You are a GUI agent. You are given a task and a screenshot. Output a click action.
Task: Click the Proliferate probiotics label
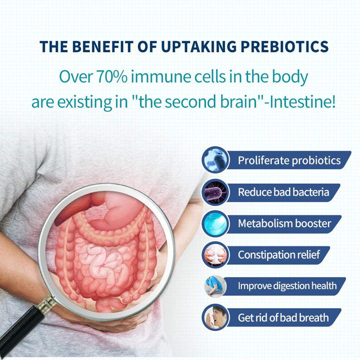(289, 160)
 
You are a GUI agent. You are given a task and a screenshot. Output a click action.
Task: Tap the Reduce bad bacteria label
(283, 192)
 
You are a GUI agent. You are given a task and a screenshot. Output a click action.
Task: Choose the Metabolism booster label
(284, 223)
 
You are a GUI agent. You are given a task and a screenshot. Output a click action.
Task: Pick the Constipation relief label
(278, 255)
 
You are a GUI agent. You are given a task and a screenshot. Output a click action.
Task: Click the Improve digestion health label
(287, 286)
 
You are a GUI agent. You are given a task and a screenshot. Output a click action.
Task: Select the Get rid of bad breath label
(283, 317)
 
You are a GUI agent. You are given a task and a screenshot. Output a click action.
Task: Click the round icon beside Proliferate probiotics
(215, 160)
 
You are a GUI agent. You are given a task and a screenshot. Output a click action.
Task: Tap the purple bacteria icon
(215, 192)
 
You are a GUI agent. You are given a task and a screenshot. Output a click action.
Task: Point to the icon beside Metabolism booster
(215, 223)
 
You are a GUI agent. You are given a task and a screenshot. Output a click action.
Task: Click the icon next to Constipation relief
(215, 255)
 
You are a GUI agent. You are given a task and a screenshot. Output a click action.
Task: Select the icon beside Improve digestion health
(215, 286)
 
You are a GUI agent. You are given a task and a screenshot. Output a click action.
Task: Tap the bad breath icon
(215, 317)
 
